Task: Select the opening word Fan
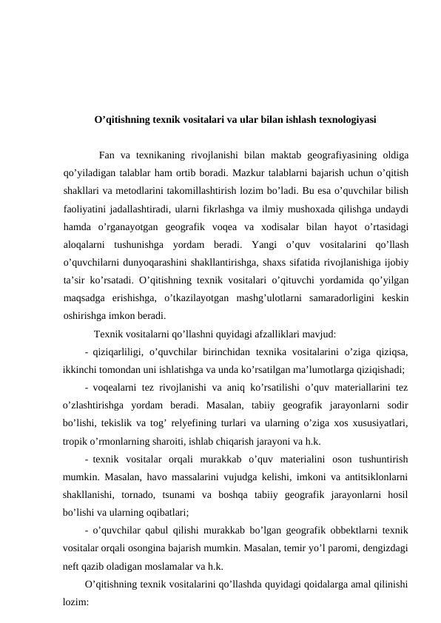click(x=107, y=155)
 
